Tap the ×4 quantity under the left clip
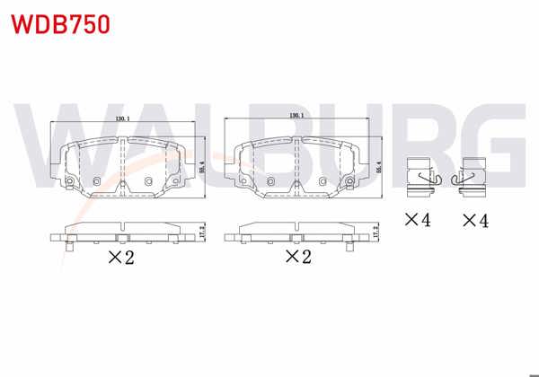tap(418, 219)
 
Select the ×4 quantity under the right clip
tap(476, 219)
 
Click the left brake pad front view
tap(124, 167)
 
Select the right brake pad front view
tap(297, 167)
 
